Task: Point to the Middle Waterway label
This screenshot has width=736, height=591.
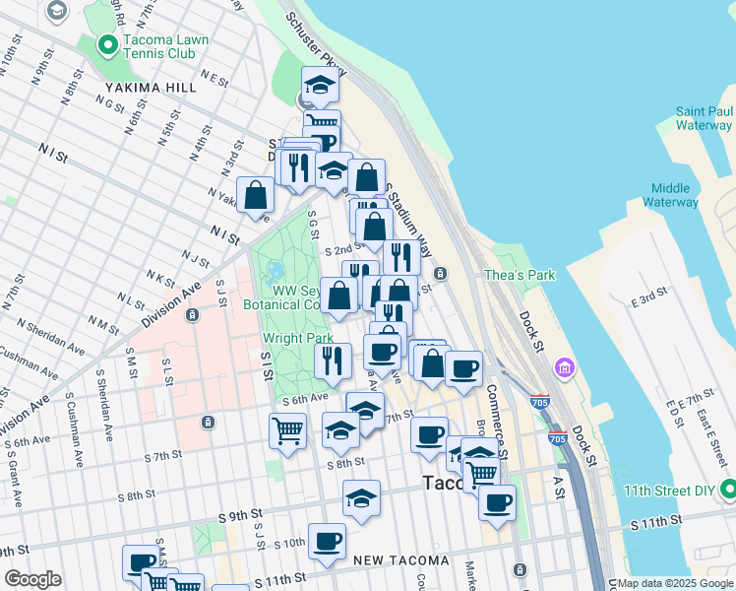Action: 675,195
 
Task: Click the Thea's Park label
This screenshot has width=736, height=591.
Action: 520,276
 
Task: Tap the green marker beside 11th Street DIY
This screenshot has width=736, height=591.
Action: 728,489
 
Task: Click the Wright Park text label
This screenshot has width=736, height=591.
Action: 298,338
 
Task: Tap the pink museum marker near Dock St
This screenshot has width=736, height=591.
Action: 565,368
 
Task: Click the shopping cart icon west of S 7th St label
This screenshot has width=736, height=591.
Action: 286,429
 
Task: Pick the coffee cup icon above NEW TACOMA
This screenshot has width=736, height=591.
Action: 327,539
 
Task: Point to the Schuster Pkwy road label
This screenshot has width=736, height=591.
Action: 314,45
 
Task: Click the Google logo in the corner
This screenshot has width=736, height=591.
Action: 32,579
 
